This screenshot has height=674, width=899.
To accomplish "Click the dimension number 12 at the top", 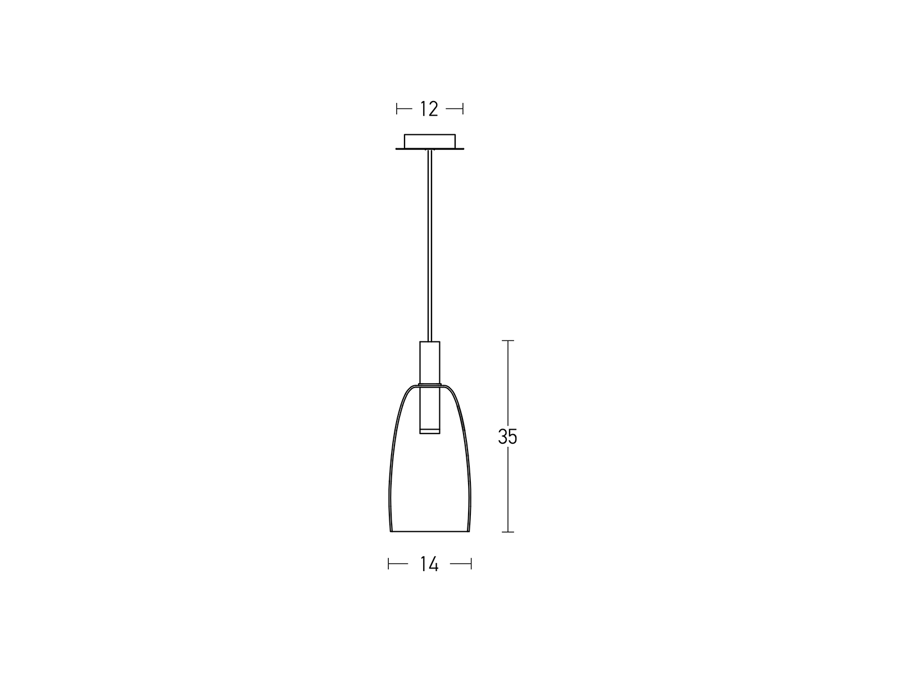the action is point(429,109).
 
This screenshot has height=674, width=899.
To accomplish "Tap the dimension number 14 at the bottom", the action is point(429,564).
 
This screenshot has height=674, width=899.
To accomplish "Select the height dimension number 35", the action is point(507,436).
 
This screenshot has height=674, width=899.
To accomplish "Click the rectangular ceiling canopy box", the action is point(430,141).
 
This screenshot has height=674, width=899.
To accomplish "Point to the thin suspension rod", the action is point(430,245).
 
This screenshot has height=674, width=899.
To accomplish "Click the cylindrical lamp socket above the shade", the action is point(430,363).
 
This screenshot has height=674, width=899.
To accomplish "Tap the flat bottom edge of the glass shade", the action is point(430,531).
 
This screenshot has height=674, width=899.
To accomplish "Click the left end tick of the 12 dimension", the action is point(397,109).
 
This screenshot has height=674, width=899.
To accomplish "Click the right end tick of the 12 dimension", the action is point(463,109).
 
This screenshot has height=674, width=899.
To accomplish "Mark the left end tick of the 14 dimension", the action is point(388,564).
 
